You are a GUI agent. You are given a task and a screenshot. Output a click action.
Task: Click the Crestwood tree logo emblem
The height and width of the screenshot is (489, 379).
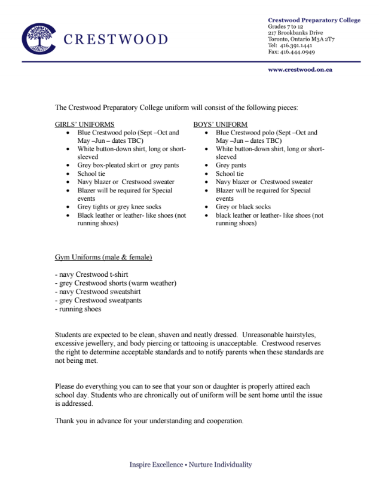click(x=39, y=39)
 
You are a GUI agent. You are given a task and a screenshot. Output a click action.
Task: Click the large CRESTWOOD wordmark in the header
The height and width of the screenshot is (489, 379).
click(x=115, y=40)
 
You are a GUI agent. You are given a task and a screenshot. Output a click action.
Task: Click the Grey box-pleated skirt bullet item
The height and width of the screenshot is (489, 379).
click(x=128, y=166)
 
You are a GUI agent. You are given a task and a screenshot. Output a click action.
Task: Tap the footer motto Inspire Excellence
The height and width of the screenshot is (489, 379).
click(x=157, y=464)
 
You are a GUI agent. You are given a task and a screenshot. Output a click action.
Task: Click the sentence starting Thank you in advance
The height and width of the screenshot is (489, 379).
click(x=149, y=421)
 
